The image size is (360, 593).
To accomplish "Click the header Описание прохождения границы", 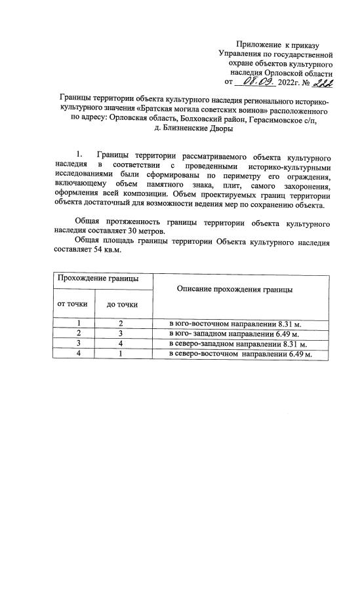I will (231, 289).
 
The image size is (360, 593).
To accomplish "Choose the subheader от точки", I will (72, 304).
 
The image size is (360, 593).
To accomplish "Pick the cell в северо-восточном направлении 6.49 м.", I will (239, 353).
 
